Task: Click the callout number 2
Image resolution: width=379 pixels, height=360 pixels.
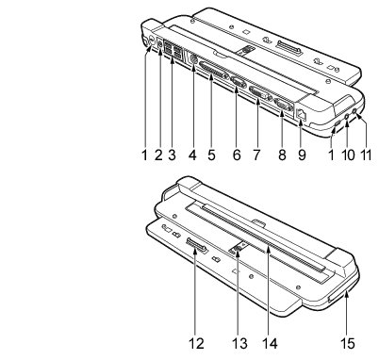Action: [158, 155]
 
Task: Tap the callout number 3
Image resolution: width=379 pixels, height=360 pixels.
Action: [172, 155]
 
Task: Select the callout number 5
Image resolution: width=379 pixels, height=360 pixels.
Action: [211, 155]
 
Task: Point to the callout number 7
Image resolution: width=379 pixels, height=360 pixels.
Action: [256, 155]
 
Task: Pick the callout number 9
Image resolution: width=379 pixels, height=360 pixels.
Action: [302, 155]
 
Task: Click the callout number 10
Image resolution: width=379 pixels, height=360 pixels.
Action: [348, 155]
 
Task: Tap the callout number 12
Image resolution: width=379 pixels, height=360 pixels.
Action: [196, 344]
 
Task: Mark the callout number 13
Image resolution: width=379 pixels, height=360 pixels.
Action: [239, 344]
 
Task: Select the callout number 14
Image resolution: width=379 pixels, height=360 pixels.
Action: [270, 344]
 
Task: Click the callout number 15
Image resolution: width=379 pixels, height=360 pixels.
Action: [348, 344]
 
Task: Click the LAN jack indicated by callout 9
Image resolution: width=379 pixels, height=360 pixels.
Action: [301, 114]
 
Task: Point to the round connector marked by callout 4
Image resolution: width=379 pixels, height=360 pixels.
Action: [193, 59]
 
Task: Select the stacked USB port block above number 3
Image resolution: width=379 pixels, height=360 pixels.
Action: [173, 51]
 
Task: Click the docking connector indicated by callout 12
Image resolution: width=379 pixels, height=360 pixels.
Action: [197, 245]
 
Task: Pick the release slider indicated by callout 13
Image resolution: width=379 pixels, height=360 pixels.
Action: [237, 248]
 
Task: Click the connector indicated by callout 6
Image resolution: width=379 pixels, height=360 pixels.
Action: [238, 83]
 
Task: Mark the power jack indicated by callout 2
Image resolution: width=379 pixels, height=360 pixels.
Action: [160, 44]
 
